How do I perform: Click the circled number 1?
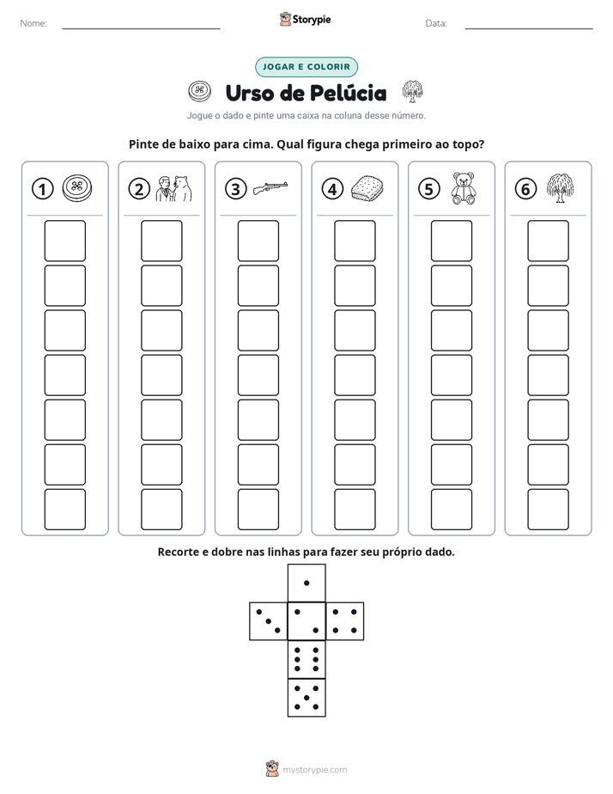click(x=42, y=189)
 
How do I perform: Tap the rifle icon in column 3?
click(x=270, y=187)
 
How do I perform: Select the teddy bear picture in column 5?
click(x=464, y=188)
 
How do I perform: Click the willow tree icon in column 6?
click(x=560, y=188)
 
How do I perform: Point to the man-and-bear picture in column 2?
click(x=173, y=189)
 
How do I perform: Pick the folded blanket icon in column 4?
click(x=367, y=188)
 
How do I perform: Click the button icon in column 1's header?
click(x=77, y=188)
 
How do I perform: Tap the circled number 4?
click(x=332, y=189)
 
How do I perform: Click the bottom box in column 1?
click(x=64, y=510)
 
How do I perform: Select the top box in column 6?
click(x=548, y=241)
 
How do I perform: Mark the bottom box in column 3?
click(x=258, y=510)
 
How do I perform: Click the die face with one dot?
click(x=306, y=583)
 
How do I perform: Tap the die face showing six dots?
click(x=306, y=659)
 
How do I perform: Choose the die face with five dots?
click(x=306, y=698)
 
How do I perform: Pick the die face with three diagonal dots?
click(x=268, y=621)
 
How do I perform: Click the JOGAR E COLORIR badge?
click(x=306, y=67)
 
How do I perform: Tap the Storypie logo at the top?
click(x=306, y=20)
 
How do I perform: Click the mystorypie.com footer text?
click(x=314, y=770)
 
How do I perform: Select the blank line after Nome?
click(x=141, y=28)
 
